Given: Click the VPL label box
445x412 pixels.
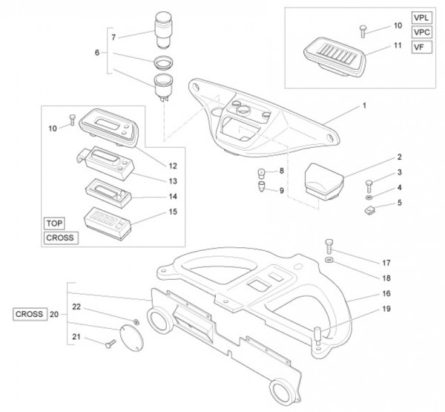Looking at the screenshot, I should pos(421,18).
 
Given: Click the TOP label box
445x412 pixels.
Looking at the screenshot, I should pos(54,223).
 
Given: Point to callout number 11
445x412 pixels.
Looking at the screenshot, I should pos(398,46).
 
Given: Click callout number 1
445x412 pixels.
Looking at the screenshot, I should pos(364,106).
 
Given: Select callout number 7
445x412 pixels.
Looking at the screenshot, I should pos(113,36).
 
